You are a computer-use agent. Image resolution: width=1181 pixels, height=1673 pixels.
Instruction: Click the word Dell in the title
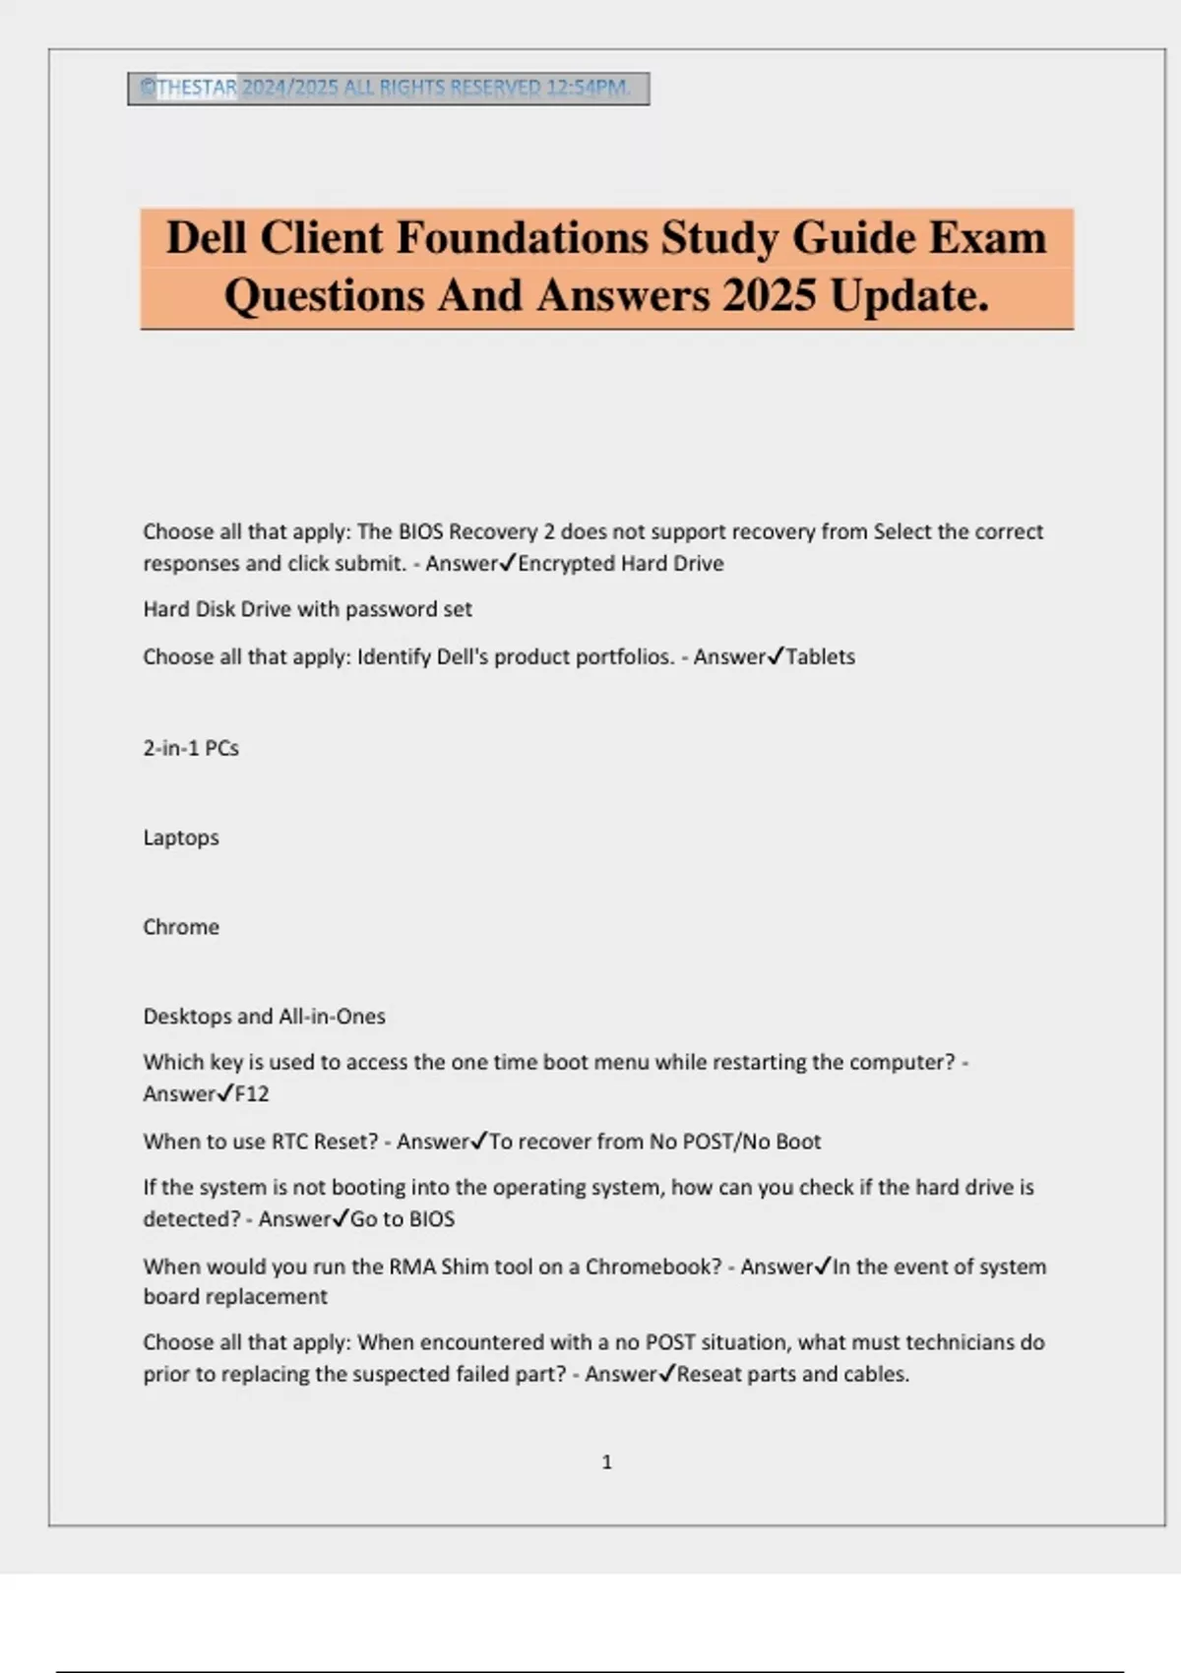tap(206, 239)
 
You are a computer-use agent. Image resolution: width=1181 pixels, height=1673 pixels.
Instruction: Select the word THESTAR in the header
tap(197, 88)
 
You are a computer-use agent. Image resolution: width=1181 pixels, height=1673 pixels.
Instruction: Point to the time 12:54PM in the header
tap(588, 88)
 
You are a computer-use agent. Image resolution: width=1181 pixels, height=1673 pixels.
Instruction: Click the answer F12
tap(252, 1094)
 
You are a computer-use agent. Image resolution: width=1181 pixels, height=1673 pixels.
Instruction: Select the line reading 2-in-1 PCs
tap(191, 748)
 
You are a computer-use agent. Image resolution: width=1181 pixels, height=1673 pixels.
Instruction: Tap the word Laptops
tap(181, 837)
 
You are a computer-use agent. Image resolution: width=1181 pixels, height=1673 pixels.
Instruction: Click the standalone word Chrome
tap(181, 927)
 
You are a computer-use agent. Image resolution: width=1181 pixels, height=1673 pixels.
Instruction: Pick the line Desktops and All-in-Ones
tap(264, 1017)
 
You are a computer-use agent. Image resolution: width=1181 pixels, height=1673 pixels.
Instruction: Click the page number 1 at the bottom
tap(606, 1462)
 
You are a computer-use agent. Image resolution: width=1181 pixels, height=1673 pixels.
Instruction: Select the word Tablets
tap(820, 657)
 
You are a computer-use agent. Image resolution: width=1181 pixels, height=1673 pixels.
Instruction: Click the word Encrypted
tap(565, 564)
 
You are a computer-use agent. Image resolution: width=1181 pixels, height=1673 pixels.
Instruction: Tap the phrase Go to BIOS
tap(403, 1219)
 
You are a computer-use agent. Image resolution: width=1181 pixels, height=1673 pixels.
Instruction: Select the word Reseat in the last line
tap(709, 1374)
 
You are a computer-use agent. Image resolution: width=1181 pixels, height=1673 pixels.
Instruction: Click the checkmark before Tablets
tap(776, 655)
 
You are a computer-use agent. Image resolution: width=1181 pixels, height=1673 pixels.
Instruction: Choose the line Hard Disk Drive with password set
tap(307, 609)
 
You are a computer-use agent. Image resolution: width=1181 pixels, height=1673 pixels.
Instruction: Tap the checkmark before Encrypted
tap(508, 563)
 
